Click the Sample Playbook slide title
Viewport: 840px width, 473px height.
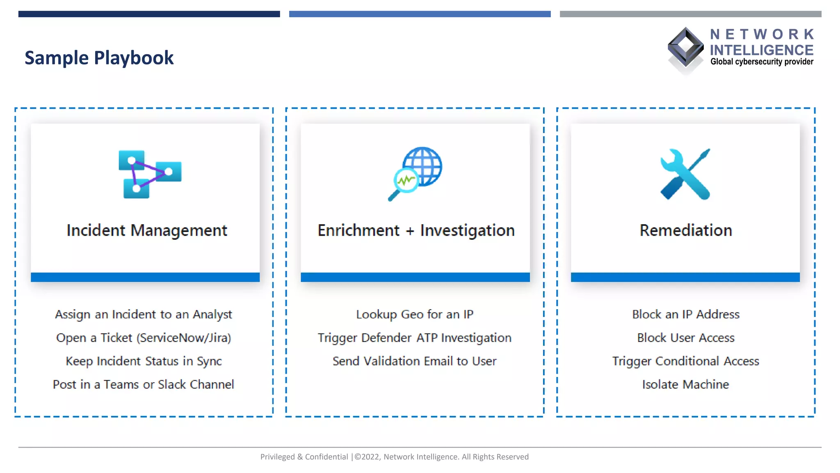coord(99,58)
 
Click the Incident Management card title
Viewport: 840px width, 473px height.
coord(146,230)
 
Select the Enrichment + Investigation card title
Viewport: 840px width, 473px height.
coord(416,230)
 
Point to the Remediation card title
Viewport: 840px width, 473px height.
coord(685,230)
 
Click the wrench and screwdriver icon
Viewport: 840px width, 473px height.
coord(685,174)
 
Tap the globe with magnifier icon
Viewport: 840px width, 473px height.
coord(415,173)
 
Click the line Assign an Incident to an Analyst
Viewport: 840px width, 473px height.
coord(144,315)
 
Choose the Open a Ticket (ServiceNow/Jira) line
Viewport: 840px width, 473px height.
coord(144,338)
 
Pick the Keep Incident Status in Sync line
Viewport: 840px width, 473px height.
coord(144,361)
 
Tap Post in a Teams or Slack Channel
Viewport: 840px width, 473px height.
coord(144,385)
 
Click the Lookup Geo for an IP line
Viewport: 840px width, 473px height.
coord(415,315)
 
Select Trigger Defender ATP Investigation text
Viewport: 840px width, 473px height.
coord(415,338)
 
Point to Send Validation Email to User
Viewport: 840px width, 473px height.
coord(415,361)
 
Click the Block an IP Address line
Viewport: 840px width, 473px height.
coord(685,315)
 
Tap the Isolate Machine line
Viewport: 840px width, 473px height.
coord(685,385)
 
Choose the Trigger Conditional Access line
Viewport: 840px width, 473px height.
coord(685,361)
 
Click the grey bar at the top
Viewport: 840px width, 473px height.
coord(690,14)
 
